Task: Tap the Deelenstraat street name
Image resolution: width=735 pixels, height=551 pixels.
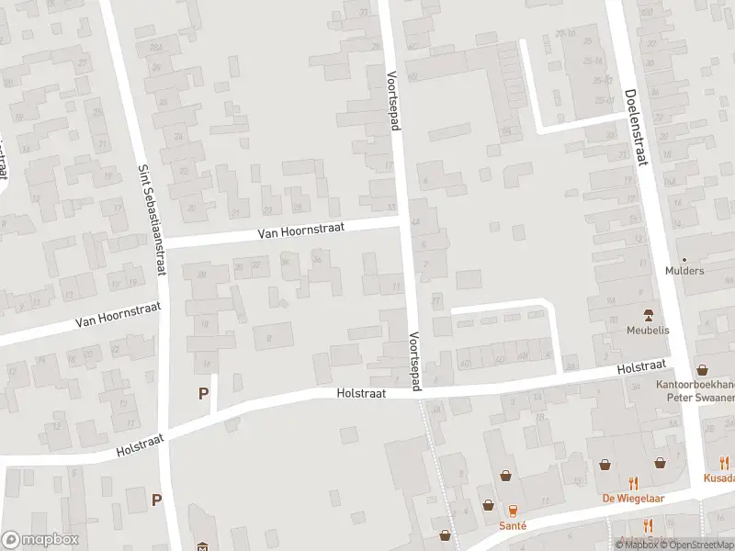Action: pos(634,129)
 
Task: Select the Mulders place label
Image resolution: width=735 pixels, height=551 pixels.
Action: pos(684,271)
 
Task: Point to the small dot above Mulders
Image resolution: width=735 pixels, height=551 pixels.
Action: pos(684,260)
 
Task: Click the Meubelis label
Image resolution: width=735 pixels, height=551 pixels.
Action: pos(649,330)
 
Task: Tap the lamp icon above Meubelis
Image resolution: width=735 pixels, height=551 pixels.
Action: pos(649,315)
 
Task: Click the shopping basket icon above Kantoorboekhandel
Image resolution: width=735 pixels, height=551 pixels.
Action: pos(703,370)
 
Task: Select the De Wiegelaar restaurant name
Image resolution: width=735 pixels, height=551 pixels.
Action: pos(633,498)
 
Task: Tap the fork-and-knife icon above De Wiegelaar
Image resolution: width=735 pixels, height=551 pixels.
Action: pos(633,482)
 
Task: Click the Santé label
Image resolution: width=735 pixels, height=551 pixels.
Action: pos(513,525)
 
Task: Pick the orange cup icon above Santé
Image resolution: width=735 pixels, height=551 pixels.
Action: pos(513,510)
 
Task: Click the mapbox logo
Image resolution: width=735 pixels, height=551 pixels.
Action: pos(39,540)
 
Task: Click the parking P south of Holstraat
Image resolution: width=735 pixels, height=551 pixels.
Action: pos(157,500)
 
